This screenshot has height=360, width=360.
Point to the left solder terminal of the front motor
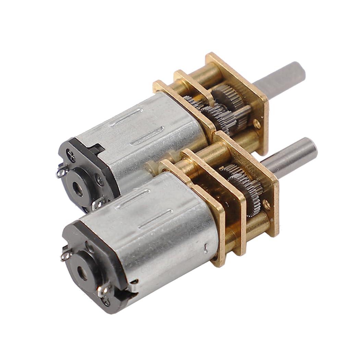point(65,254)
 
